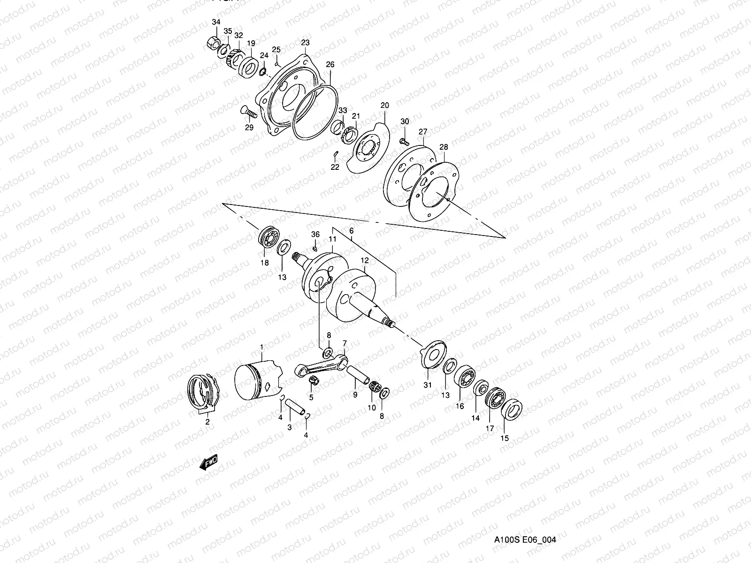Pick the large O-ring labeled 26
317,113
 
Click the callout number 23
305,43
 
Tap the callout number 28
444,147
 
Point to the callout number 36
315,234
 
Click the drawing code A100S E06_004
524,540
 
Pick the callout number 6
351,231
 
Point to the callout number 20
385,106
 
